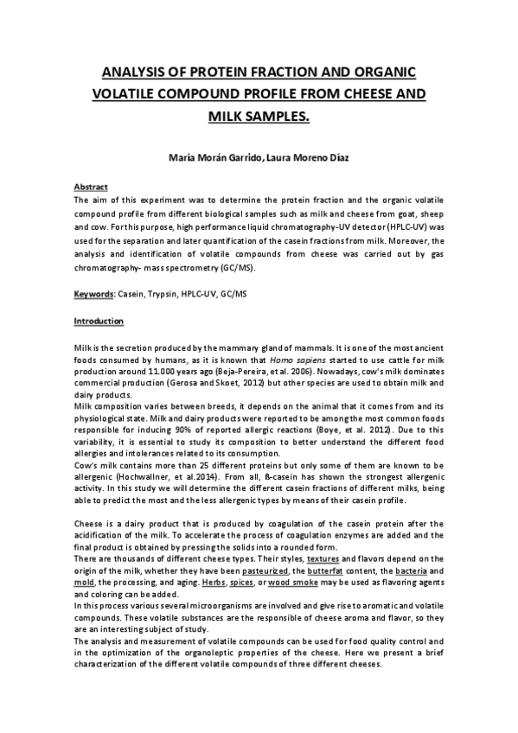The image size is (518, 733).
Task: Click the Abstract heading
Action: point(90,186)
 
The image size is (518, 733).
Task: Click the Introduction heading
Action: point(99,322)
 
